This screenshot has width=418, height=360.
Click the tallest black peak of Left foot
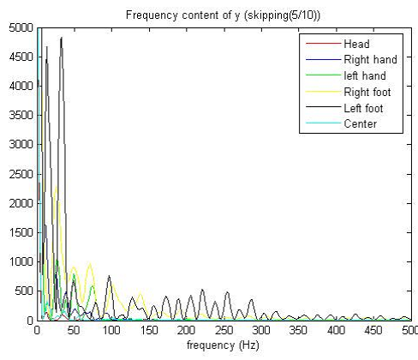(61, 38)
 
